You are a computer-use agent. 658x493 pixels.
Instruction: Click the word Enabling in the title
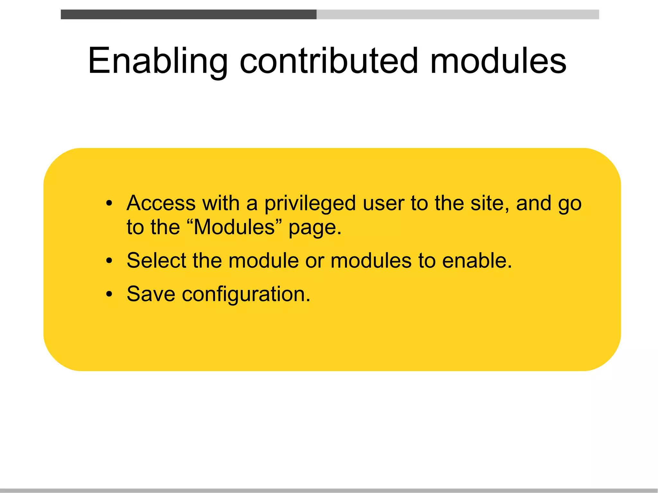[157, 61]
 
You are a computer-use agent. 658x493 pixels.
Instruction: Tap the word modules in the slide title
[498, 61]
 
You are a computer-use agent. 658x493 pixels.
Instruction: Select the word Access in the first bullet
[161, 203]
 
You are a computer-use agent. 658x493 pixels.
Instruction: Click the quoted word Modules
[234, 227]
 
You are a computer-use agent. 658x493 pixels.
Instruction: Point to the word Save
[151, 294]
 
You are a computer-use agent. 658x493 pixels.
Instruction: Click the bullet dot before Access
[109, 204]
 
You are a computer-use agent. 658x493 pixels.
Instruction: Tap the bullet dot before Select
[109, 261]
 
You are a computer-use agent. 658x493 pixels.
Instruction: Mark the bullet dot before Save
[109, 294]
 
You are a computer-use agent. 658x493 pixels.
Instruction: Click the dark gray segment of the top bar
[189, 14]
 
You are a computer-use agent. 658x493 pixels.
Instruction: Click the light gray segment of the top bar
[458, 14]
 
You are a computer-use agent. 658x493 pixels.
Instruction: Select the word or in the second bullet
[315, 261]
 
